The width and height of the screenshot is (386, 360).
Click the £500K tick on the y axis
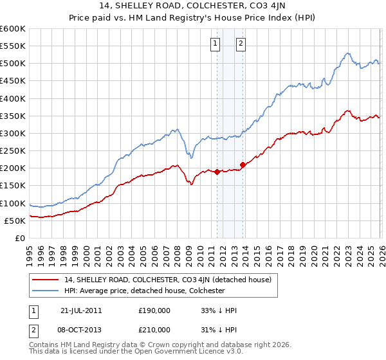click(x=13, y=64)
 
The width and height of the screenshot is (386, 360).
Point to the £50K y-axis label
click(x=15, y=221)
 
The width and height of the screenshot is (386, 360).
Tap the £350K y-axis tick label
click(x=13, y=116)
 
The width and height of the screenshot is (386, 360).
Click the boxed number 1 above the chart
click(x=214, y=44)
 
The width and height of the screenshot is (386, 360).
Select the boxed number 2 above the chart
click(x=241, y=44)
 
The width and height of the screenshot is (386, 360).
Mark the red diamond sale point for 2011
click(x=217, y=172)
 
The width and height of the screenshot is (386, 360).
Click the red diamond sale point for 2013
click(x=243, y=165)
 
